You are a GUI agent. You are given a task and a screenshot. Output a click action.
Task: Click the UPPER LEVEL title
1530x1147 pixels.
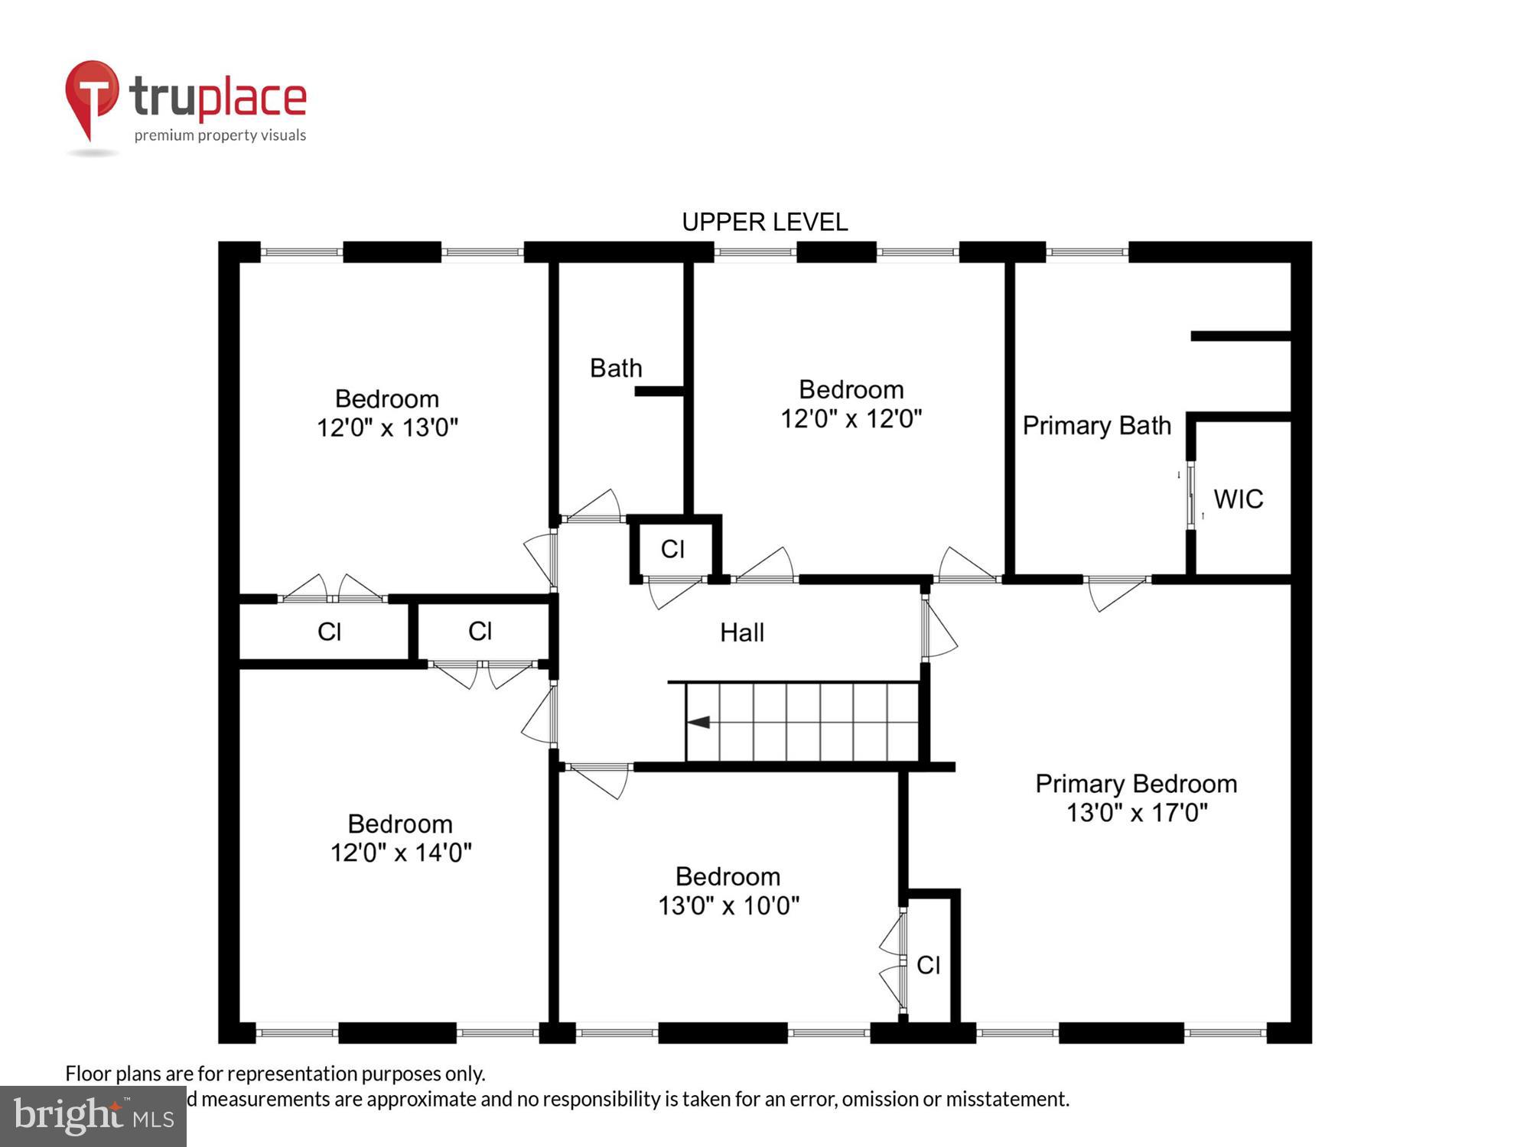point(764,223)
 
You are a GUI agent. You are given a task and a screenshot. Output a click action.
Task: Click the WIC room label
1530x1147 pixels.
point(1238,499)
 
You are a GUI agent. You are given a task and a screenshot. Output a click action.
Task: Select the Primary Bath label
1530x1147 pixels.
point(1096,426)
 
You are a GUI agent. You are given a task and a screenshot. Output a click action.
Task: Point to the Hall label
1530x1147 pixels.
point(741,632)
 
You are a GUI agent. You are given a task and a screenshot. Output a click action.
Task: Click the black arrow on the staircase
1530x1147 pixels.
point(698,722)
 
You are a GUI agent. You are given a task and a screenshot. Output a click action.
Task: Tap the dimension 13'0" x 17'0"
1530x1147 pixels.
point(1137,813)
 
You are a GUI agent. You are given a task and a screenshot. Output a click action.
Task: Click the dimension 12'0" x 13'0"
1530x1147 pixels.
point(387,427)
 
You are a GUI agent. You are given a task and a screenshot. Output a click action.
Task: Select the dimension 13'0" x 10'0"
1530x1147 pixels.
point(728,906)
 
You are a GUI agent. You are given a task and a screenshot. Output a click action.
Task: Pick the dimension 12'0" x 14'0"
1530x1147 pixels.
point(401,853)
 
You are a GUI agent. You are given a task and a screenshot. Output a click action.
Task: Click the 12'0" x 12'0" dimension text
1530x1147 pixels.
point(851,419)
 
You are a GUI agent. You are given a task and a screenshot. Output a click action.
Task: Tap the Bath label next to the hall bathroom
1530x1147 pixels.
point(616,369)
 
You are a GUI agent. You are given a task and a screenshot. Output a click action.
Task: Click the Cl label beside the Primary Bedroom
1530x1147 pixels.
point(928,965)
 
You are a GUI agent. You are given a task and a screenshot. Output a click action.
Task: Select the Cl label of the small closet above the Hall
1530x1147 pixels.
point(672,549)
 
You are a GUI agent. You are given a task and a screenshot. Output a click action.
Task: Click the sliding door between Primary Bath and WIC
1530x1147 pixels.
point(1190,495)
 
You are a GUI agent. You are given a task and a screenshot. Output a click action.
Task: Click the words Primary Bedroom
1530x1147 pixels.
point(1136,784)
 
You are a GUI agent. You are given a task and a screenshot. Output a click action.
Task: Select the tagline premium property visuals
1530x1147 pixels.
point(220,135)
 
